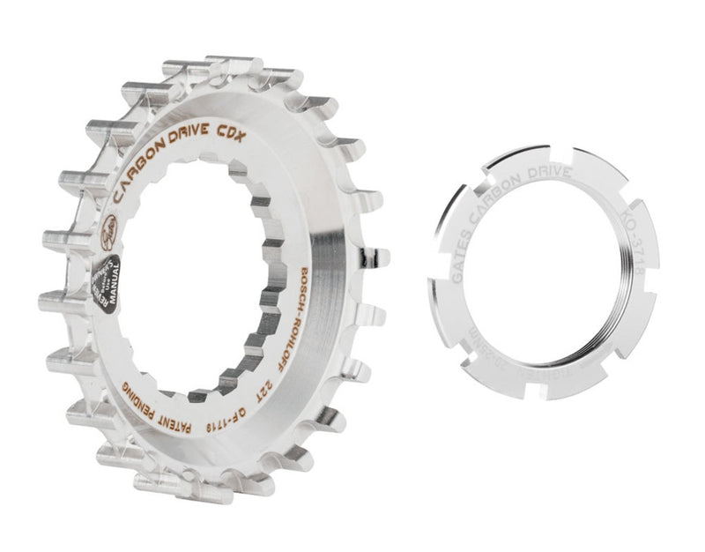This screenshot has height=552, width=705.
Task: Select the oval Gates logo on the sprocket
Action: (108, 226)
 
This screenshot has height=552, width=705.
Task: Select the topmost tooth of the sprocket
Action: (220, 66)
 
